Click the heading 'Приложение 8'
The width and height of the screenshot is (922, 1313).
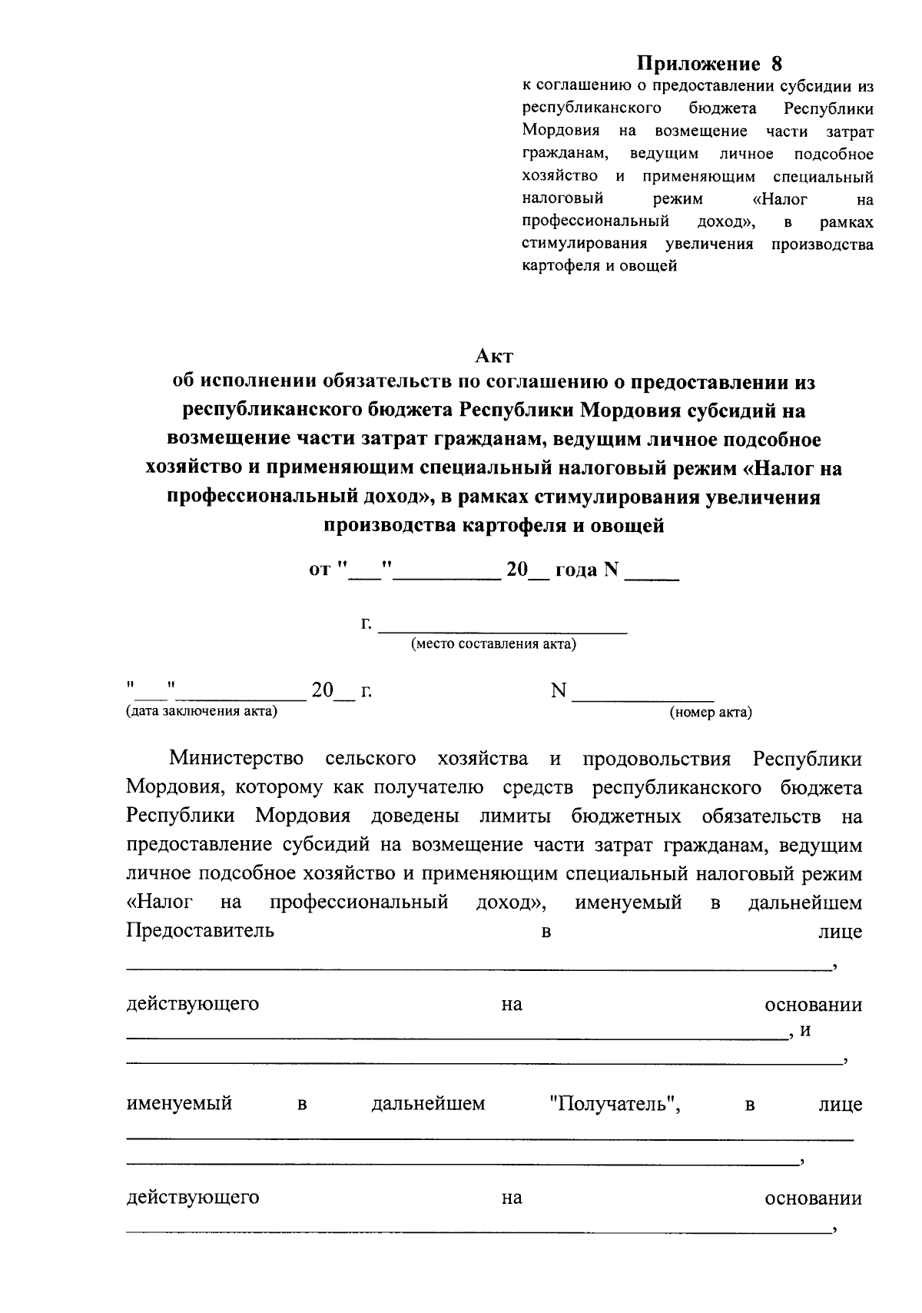(708, 63)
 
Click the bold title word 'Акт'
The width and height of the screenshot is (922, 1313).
(493, 356)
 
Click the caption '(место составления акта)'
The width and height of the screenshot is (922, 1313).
(493, 644)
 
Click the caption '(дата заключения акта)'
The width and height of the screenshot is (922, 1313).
(201, 712)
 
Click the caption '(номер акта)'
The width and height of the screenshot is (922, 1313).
(711, 713)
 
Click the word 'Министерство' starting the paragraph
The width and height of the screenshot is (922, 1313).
(236, 760)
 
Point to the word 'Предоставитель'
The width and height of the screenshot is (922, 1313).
(200, 932)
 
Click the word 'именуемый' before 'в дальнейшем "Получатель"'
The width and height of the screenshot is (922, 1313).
(179, 1105)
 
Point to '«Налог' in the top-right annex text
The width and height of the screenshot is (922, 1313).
(779, 199)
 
